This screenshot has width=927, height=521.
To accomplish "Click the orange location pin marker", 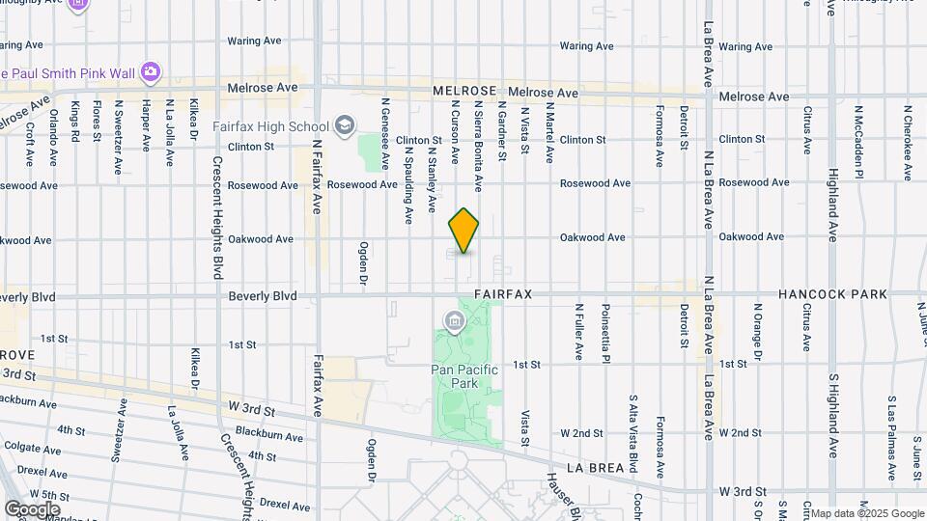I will tap(463, 231).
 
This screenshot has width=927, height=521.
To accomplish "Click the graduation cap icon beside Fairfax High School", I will tap(345, 125).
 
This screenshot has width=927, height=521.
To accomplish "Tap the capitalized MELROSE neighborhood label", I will tap(464, 90).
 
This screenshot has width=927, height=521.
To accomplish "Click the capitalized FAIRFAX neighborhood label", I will tap(504, 291).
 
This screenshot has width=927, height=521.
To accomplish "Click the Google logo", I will tap(32, 508).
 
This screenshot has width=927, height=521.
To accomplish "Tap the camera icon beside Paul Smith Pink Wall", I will tap(150, 71).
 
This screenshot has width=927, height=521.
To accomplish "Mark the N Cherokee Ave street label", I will tap(908, 143).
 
